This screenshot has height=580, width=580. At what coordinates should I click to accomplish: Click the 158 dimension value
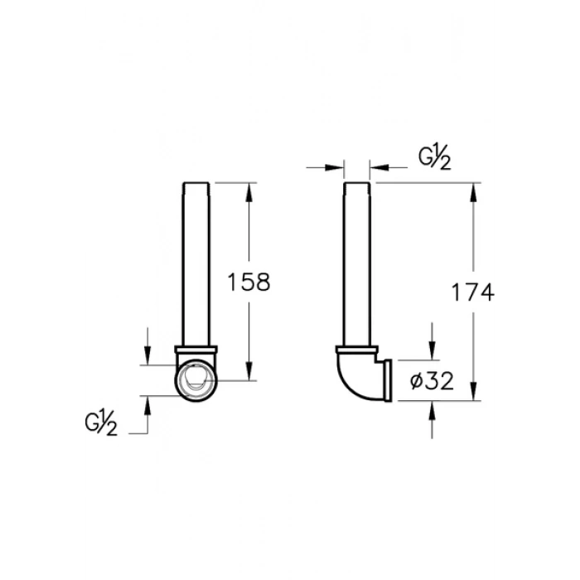[x=249, y=283]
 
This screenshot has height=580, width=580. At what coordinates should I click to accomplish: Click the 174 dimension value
[x=473, y=291]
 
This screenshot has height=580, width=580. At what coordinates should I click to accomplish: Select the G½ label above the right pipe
[x=434, y=157]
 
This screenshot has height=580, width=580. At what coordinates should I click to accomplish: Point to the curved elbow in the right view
[x=352, y=377]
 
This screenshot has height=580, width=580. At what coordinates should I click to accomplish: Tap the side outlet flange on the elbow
[x=386, y=380]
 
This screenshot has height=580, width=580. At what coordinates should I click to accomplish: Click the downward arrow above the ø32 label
[x=432, y=351]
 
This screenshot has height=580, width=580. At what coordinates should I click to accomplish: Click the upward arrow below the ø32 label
[x=432, y=409]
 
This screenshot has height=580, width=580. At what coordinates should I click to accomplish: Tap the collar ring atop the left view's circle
[x=196, y=349]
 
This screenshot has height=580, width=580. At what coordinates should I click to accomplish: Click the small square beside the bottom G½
[x=82, y=423]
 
